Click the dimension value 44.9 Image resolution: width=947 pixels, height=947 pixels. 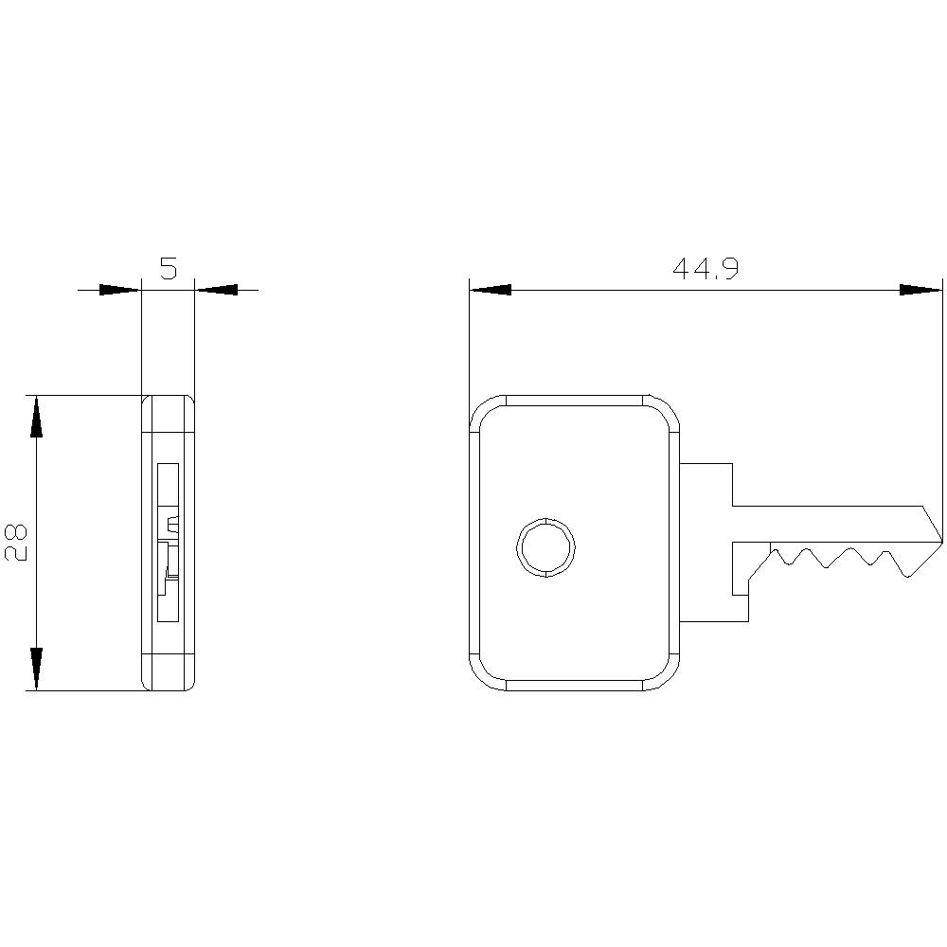point(705,270)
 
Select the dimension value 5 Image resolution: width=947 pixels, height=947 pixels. point(168,269)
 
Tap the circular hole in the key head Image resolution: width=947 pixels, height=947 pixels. point(545,546)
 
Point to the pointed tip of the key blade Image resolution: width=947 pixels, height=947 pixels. point(941,541)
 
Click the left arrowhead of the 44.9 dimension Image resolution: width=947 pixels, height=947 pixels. point(491,290)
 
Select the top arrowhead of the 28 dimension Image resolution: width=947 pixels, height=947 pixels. point(36,417)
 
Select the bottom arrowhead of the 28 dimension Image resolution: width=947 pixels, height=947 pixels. point(36,669)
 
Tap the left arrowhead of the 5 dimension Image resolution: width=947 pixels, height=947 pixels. point(120,290)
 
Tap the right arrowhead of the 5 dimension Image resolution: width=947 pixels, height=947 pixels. point(215,290)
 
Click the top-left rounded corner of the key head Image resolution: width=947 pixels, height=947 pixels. point(485,411)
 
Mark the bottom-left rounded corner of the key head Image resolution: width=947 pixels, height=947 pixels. point(485,674)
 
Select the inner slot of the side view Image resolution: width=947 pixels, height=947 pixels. point(168,542)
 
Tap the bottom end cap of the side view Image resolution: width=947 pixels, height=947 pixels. point(168,672)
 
